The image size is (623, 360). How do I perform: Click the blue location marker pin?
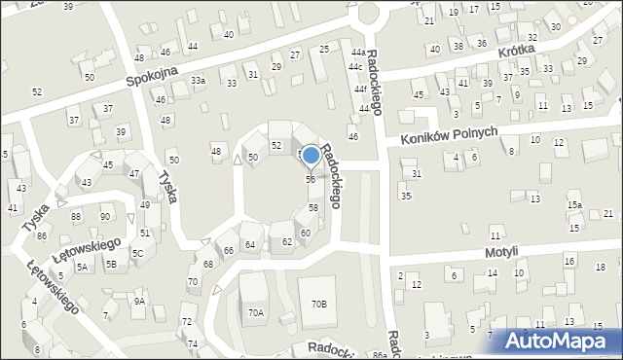point(311,156)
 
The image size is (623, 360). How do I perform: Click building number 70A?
point(255,312)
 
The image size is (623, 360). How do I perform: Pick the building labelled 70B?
point(319,305)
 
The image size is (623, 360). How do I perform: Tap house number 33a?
point(198,81)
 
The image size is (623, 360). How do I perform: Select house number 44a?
point(358,53)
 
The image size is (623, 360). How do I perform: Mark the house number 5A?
point(83,266)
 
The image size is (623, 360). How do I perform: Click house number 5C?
point(138,254)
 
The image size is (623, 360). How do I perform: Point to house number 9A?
point(139,302)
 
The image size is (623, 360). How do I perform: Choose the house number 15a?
point(575,205)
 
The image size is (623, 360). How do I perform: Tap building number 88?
point(76,216)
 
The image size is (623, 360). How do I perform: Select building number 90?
point(104,216)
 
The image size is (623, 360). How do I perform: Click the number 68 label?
point(207,265)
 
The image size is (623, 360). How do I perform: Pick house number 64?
point(250,244)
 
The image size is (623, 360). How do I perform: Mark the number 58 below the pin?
point(313,208)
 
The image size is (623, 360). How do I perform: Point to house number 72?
point(186,322)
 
